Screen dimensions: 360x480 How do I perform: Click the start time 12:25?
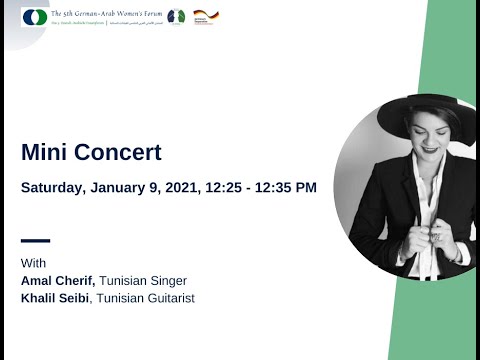pos(226,187)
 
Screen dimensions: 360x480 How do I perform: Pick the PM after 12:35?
pos(306,187)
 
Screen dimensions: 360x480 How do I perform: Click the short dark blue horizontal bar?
pos(35,240)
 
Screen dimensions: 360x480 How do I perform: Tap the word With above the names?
pos(33,263)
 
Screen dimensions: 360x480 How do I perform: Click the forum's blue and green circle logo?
pos(33,17)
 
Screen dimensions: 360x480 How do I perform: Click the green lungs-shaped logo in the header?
pos(176,16)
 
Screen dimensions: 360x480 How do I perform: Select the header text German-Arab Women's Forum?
pos(110,12)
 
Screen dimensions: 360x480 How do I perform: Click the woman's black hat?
pos(420,112)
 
